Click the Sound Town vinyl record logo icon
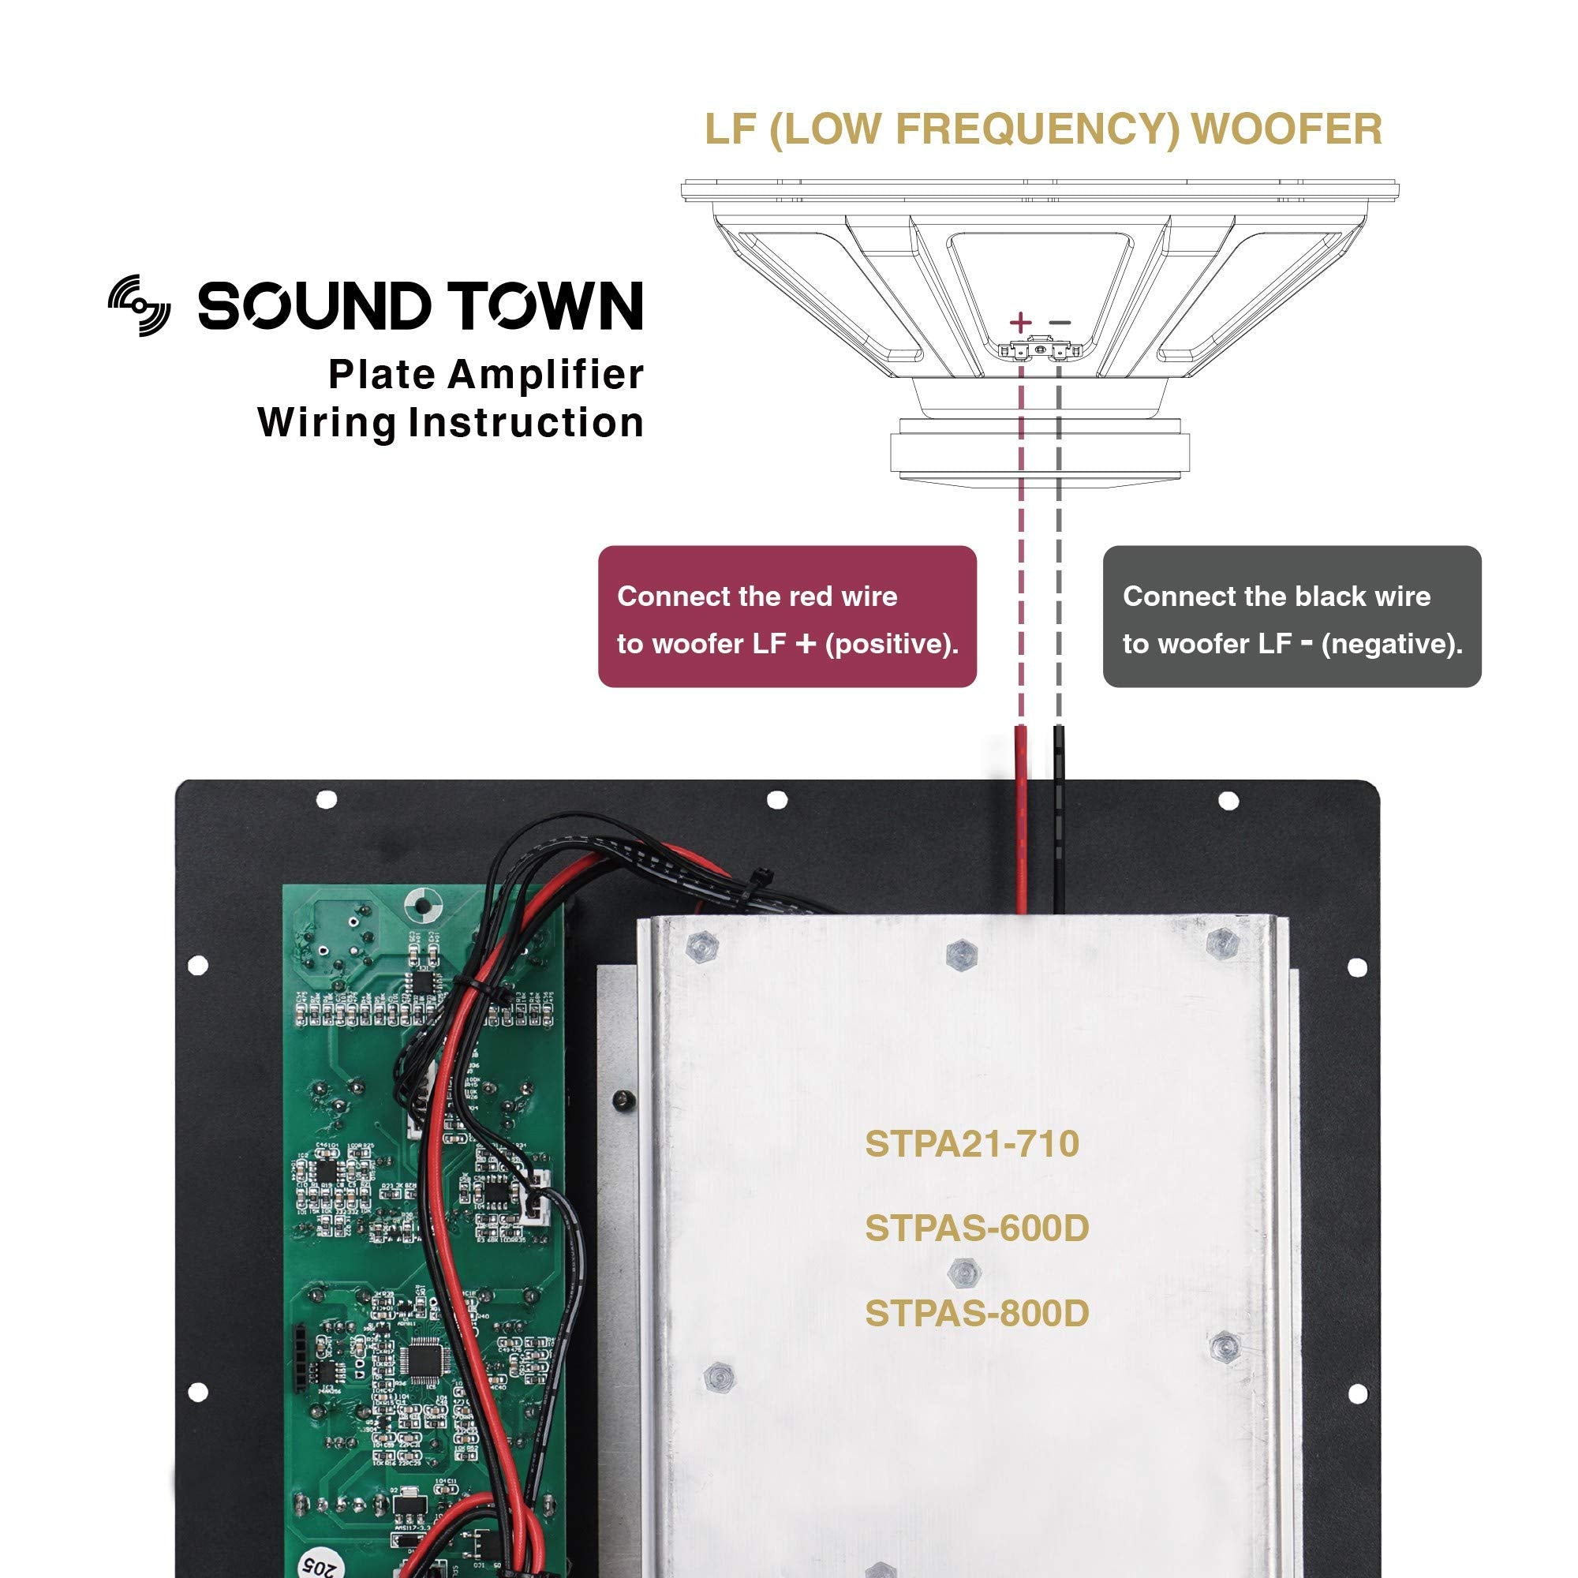pyautogui.click(x=140, y=305)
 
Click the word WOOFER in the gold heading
pyautogui.click(x=1287, y=129)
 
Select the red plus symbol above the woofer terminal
pyautogui.click(x=1020, y=322)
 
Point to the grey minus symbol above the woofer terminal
pyautogui.click(x=1060, y=323)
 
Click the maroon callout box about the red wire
pyautogui.click(x=787, y=617)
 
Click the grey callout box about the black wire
pyautogui.click(x=1291, y=617)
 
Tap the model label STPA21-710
pyautogui.click(x=971, y=1143)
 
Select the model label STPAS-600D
pyautogui.click(x=976, y=1228)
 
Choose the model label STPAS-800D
pyautogui.click(x=976, y=1314)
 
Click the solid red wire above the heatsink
pyautogui.click(x=1021, y=825)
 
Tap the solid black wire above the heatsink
pyautogui.click(x=1060, y=825)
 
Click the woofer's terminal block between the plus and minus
pyautogui.click(x=1040, y=350)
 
